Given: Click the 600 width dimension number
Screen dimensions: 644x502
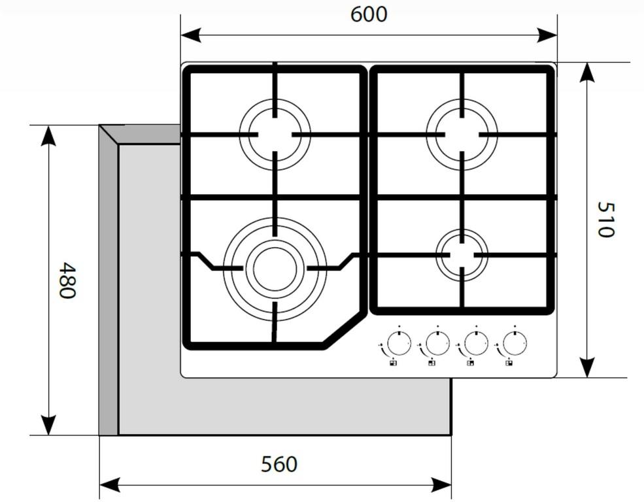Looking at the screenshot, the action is (x=368, y=14).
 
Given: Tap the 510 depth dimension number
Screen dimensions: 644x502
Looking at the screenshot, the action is (x=605, y=219).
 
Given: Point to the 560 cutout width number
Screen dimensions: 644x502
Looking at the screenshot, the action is (x=279, y=464).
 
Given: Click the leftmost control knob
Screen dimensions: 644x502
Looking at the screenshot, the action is (x=399, y=343).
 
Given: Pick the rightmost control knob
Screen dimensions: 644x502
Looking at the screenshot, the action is (x=515, y=343).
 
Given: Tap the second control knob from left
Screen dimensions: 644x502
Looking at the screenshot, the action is (x=437, y=343).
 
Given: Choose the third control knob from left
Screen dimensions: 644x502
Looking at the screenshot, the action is (x=476, y=343).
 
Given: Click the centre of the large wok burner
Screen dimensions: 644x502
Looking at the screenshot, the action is (x=275, y=269).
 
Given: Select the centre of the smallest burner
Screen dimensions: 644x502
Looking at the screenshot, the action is (x=462, y=255).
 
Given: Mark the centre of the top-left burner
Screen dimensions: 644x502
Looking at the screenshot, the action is (x=275, y=134).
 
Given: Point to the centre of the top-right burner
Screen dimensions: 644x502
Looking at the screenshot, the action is (x=462, y=134).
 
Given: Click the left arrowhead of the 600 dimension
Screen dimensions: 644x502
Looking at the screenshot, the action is (x=190, y=35).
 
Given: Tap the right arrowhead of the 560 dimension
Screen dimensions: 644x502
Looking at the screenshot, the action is (x=441, y=485).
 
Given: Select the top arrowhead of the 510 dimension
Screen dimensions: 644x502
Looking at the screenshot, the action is (x=588, y=73).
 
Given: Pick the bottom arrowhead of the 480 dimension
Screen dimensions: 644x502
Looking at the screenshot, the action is (x=48, y=425).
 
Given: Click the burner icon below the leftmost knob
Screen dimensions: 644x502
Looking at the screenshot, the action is (x=394, y=363).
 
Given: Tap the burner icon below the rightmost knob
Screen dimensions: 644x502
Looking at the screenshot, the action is (x=509, y=363).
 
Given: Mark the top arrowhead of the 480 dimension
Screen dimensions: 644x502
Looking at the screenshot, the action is (x=48, y=135).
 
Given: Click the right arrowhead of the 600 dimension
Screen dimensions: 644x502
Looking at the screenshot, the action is (x=547, y=35).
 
